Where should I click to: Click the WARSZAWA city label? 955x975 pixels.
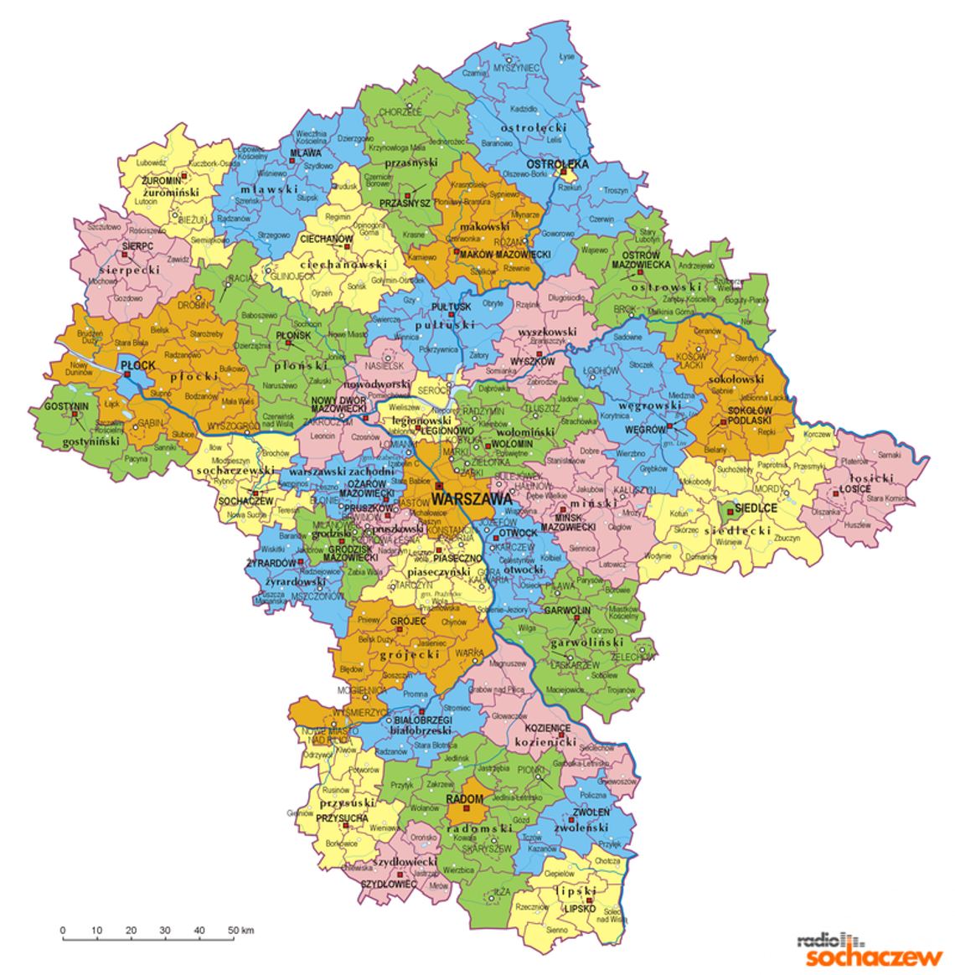(x=471, y=498)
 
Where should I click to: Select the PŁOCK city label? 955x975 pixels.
(x=138, y=366)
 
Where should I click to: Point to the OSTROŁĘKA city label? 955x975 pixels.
(x=557, y=165)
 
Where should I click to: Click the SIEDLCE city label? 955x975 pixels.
(x=756, y=508)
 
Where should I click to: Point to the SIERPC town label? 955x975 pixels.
(x=137, y=247)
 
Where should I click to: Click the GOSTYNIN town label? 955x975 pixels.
(x=66, y=405)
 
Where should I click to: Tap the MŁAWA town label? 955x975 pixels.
(x=305, y=154)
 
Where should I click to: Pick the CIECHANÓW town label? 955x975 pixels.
(x=327, y=239)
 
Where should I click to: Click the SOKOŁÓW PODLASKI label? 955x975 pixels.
(x=750, y=415)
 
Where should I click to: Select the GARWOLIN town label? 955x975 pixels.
(x=567, y=611)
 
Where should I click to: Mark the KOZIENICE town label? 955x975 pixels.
(x=548, y=729)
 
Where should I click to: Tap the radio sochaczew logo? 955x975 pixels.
(x=869, y=951)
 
